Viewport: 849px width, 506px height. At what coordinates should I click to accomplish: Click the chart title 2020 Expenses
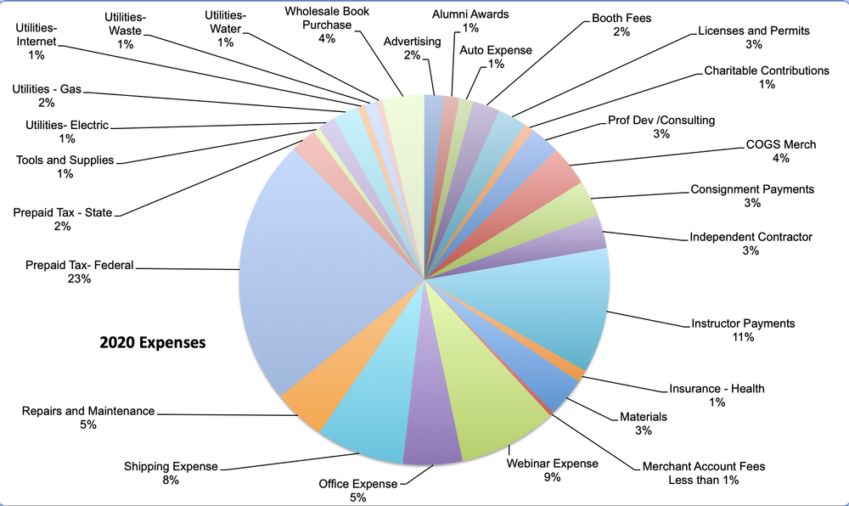pos(153,344)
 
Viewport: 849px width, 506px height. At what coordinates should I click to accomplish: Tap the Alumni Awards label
pos(470,15)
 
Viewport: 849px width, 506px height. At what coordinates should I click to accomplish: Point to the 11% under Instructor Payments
pos(743,337)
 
